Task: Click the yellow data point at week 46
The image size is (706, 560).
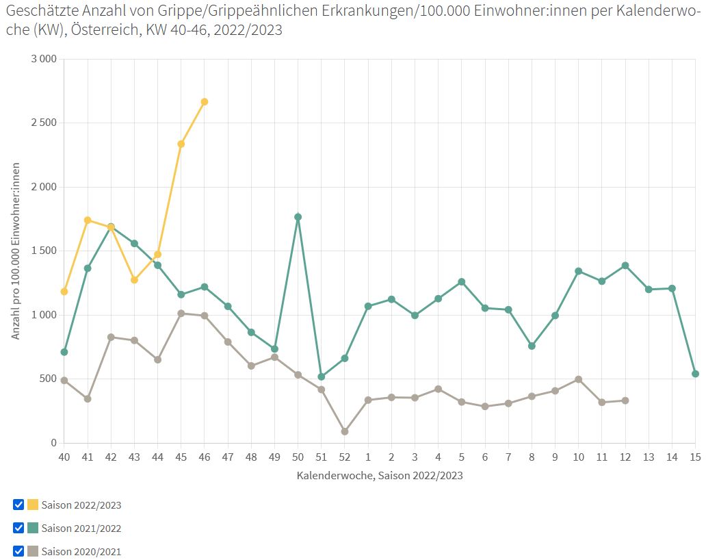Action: pyautogui.click(x=204, y=102)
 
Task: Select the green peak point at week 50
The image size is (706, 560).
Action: pyautogui.click(x=298, y=217)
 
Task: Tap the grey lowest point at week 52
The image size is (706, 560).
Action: pyautogui.click(x=345, y=432)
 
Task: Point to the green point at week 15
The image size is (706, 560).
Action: pyautogui.click(x=695, y=374)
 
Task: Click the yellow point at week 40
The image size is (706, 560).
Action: pyautogui.click(x=64, y=292)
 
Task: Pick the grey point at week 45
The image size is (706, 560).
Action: pyautogui.click(x=181, y=314)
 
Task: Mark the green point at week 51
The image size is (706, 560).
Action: pyautogui.click(x=322, y=377)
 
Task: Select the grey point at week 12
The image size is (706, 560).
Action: pyautogui.click(x=625, y=400)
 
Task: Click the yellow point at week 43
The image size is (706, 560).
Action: pyautogui.click(x=135, y=280)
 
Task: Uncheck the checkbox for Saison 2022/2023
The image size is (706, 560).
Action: pyautogui.click(x=18, y=505)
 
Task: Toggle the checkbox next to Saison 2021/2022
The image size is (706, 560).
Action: pyautogui.click(x=18, y=529)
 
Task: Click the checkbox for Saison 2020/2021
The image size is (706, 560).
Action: pyautogui.click(x=18, y=551)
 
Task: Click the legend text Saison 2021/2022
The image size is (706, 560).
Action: pyautogui.click(x=81, y=529)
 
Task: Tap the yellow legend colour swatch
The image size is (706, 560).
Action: pyautogui.click(x=33, y=505)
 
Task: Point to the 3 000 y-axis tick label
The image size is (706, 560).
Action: pyautogui.click(x=44, y=59)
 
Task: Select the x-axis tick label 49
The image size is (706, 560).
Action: pyautogui.click(x=274, y=457)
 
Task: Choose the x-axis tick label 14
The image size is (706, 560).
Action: pyautogui.click(x=672, y=457)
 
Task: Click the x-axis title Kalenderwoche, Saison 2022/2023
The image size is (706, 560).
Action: pyautogui.click(x=380, y=475)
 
